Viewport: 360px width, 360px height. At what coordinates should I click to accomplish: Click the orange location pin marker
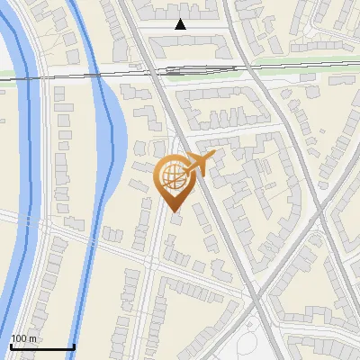175,180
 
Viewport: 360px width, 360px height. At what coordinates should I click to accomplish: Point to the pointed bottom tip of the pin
175,211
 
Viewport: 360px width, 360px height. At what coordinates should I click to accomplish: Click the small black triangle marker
181,24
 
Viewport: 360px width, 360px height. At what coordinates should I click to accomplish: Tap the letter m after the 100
33,338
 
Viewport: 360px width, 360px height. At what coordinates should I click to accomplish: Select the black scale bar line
41,346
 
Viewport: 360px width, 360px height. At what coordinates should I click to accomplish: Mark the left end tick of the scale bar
11,345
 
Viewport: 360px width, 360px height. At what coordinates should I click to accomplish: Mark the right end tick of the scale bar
73,345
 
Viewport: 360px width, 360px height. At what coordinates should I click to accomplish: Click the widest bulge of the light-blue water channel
115,135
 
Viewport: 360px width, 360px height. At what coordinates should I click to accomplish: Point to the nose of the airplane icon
214,156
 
